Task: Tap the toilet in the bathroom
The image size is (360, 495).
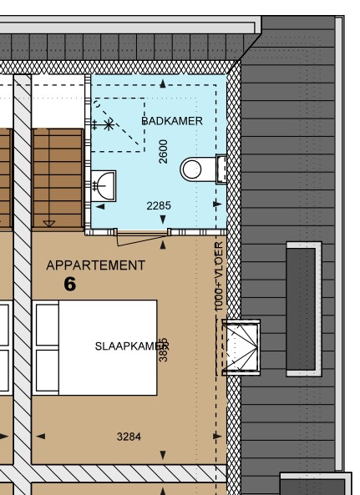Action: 194,169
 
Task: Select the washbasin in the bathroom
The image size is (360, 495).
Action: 103,183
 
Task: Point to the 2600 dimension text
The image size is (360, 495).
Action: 164,151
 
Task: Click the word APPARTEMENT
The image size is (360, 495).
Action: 95,265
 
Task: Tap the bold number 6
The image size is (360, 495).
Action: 69,285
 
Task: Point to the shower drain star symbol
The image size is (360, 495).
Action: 109,124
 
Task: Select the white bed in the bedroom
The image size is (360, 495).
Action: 95,347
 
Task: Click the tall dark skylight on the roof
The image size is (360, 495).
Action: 302,310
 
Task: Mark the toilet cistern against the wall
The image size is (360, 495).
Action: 221,169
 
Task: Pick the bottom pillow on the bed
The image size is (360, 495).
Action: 47,371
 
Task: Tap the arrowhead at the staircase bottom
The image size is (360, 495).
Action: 48,223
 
